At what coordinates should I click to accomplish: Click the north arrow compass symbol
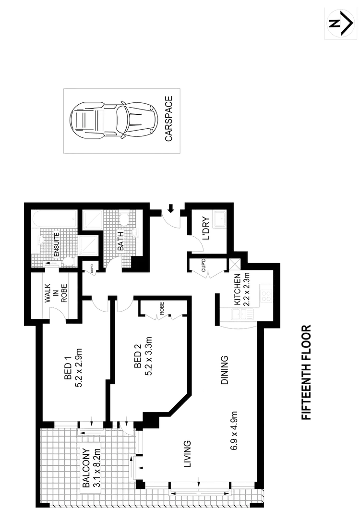[x=340, y=23]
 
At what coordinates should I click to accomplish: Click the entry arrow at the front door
[x=170, y=209]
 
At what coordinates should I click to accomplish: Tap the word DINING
[x=224, y=370]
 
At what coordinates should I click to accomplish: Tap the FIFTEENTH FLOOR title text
[x=306, y=372]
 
